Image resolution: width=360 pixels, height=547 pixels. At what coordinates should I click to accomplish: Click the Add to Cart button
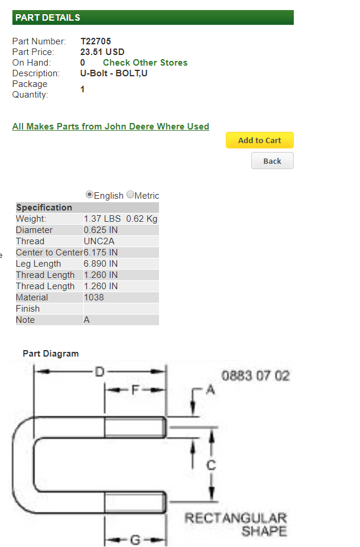point(260,140)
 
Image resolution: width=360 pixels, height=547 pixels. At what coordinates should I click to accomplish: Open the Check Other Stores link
point(145,63)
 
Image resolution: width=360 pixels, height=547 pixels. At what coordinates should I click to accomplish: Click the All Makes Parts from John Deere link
point(111,127)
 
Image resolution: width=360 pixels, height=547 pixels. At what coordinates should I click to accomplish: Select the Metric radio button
point(130,195)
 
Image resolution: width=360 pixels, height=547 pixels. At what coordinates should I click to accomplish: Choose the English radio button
point(89,195)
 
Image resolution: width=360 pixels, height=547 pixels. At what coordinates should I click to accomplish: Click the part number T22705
point(96,41)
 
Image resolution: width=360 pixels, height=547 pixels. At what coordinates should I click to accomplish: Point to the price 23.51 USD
point(102,52)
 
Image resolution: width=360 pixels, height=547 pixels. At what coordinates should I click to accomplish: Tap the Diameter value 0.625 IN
point(100,230)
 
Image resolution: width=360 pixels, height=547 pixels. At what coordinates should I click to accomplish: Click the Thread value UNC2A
point(99,241)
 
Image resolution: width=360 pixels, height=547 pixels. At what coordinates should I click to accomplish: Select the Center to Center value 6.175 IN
point(100,253)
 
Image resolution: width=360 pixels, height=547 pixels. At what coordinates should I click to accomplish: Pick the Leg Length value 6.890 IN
point(100,264)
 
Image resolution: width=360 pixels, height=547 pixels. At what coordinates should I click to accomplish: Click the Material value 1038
point(94,297)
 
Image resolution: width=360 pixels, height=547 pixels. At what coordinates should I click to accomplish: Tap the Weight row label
point(31,219)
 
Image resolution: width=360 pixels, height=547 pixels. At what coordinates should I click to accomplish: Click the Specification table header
point(44,208)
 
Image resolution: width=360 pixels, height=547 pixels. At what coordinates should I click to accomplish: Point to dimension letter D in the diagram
point(100,372)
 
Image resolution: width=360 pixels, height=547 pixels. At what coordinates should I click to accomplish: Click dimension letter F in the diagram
point(135,390)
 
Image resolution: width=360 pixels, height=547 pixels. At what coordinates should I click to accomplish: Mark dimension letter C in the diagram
point(211,465)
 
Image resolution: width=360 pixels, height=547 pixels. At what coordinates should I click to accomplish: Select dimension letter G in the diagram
point(135,540)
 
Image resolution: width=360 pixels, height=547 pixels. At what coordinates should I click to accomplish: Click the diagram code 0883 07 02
point(255,376)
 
